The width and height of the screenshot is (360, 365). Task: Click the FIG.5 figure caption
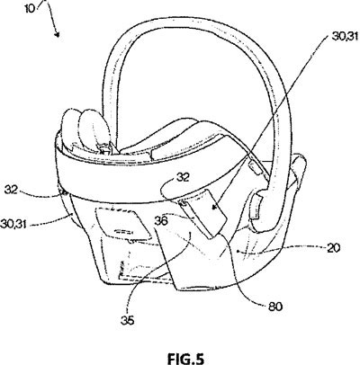[185, 359]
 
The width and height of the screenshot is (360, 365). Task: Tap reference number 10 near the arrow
[31, 8]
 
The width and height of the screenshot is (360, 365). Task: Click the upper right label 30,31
[345, 37]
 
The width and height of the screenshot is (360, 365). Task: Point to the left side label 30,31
[13, 223]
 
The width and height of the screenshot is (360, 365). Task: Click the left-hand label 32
[12, 190]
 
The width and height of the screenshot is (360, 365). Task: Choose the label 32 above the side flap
[183, 178]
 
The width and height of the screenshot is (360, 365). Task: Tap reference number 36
[161, 221]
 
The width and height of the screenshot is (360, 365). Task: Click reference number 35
[128, 320]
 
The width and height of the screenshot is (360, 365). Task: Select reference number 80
[274, 307]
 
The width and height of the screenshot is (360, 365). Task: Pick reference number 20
[333, 248]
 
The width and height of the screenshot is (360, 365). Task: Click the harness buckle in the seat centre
[104, 149]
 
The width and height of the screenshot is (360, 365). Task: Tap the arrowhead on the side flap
[214, 207]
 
